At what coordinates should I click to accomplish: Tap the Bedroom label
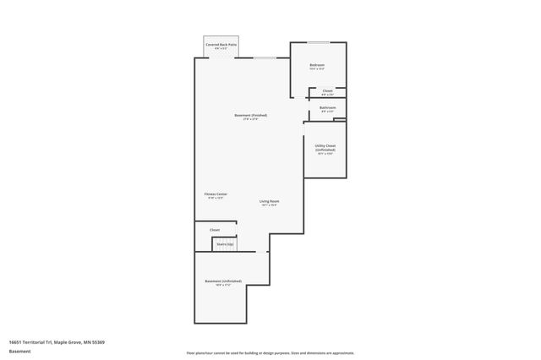[317, 64]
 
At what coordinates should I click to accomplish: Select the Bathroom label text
[327, 107]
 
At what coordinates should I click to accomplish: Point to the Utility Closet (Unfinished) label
[325, 147]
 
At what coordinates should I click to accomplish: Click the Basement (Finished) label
[251, 115]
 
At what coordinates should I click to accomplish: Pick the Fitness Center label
[216, 194]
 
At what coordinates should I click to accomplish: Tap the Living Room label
[269, 201]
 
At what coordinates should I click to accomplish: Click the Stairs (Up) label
[225, 244]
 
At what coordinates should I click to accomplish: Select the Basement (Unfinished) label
[223, 281]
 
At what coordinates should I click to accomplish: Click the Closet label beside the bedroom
[327, 90]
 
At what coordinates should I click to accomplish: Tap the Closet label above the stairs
[215, 229]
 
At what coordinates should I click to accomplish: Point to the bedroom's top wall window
[318, 41]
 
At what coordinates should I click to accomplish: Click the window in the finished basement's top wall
[265, 57]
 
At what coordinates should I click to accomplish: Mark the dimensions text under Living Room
[269, 205]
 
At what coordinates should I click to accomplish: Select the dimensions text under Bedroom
[317, 68]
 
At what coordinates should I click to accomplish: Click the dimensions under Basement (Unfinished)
[223, 286]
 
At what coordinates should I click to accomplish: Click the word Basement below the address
[19, 351]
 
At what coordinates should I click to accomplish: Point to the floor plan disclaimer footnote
[270, 353]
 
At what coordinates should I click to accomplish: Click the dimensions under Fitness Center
[216, 198]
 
